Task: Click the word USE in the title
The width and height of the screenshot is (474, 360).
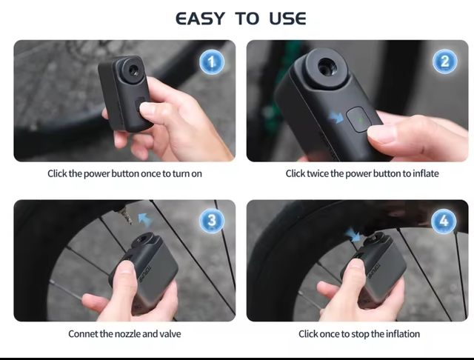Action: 282,18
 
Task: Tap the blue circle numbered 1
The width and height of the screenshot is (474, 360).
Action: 212,62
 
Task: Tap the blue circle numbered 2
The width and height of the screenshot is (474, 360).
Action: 445,61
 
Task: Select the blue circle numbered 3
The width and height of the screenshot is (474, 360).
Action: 212,221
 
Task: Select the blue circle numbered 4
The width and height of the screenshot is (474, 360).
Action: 444,221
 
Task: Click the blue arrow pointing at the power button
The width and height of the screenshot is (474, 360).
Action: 338,116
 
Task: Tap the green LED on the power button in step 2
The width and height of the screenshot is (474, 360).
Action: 358,117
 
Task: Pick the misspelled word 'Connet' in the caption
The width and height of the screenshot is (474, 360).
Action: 84,334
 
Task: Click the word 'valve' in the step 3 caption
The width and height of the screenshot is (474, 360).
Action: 169,334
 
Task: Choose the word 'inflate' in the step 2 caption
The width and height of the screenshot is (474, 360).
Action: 425,173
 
